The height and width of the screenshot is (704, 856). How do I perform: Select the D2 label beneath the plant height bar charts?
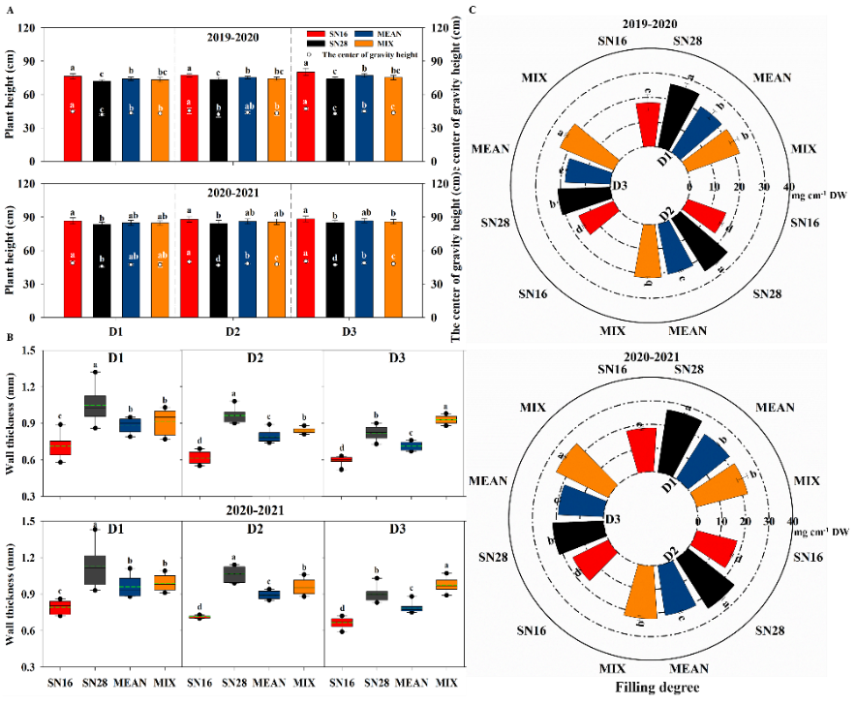(x=232, y=331)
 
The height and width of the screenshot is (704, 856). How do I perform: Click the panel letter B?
(x=10, y=337)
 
